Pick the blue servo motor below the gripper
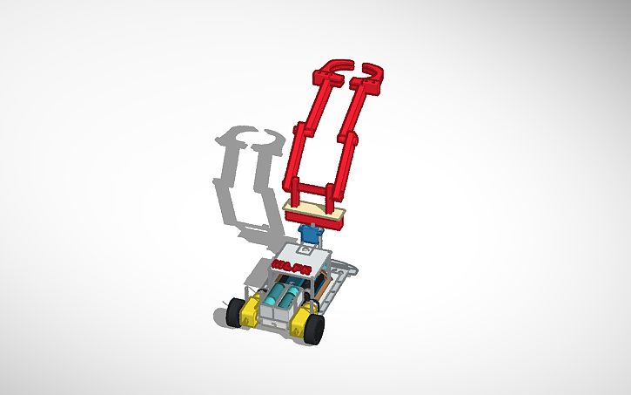pyautogui.click(x=309, y=235)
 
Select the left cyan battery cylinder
pyautogui.click(x=277, y=296)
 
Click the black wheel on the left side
pyautogui.click(x=233, y=313)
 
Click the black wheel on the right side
pyautogui.click(x=315, y=329)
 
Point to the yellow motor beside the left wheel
pyautogui.click(x=248, y=310)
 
